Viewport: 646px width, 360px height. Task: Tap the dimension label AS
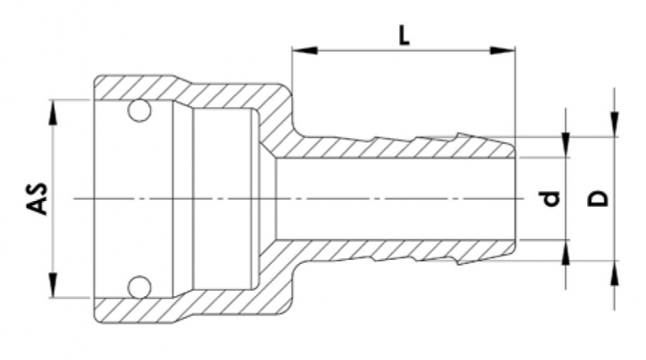point(37,199)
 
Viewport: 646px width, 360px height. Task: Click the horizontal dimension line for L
point(355,51)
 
